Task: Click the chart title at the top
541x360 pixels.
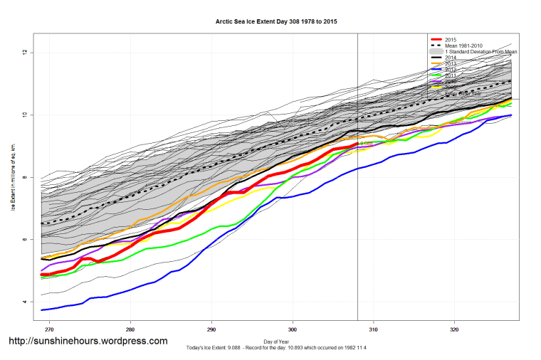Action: click(276, 22)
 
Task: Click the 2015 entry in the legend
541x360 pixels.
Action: click(451, 39)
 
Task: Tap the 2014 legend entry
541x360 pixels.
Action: click(451, 58)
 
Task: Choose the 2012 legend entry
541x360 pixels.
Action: click(451, 69)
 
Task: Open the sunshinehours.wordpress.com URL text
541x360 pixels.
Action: click(88, 342)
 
